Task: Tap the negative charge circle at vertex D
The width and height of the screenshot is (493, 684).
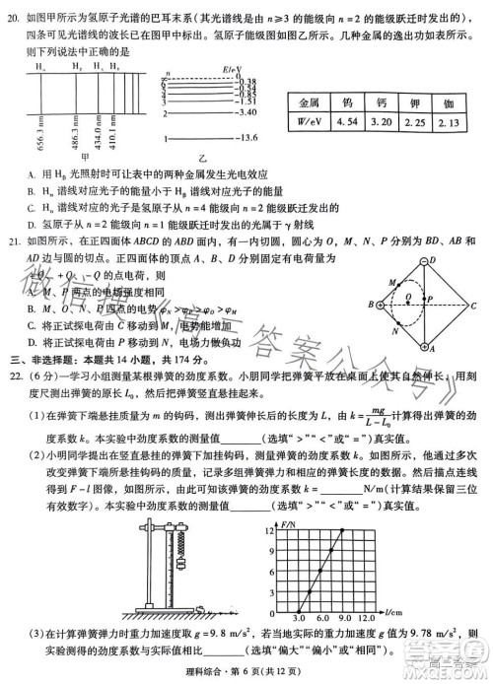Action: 432,261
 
